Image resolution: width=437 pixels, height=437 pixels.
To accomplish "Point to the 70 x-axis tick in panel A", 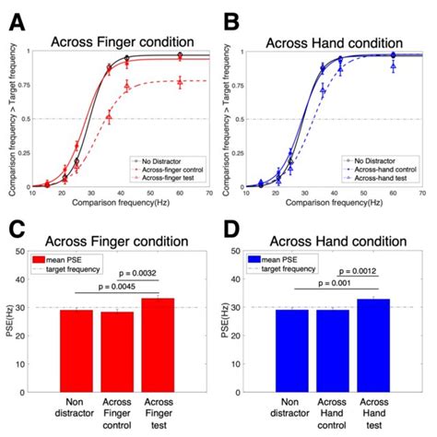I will [210, 194].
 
